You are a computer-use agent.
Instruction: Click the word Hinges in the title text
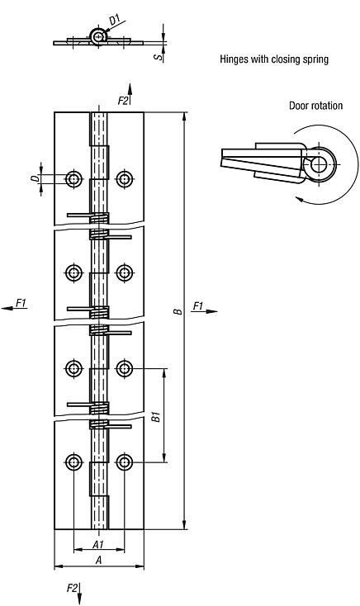coord(234,59)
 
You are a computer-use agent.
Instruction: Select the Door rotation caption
coord(315,106)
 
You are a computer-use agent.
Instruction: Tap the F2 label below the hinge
coord(73,588)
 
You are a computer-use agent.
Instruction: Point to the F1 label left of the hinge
coord(21,304)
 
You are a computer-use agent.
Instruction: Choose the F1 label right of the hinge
coord(198,306)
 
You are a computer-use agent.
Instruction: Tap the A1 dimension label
coord(97,545)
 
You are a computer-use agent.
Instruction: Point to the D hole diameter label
coord(35,178)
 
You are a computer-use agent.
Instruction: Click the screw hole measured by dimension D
coord(74,179)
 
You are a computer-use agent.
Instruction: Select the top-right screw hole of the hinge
coord(125,179)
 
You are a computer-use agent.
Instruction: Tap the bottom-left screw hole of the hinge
coord(74,462)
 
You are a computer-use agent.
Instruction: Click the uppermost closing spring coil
coord(99,218)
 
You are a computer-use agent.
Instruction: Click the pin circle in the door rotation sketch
coord(318,163)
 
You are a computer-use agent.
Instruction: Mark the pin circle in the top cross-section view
coord(99,36)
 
